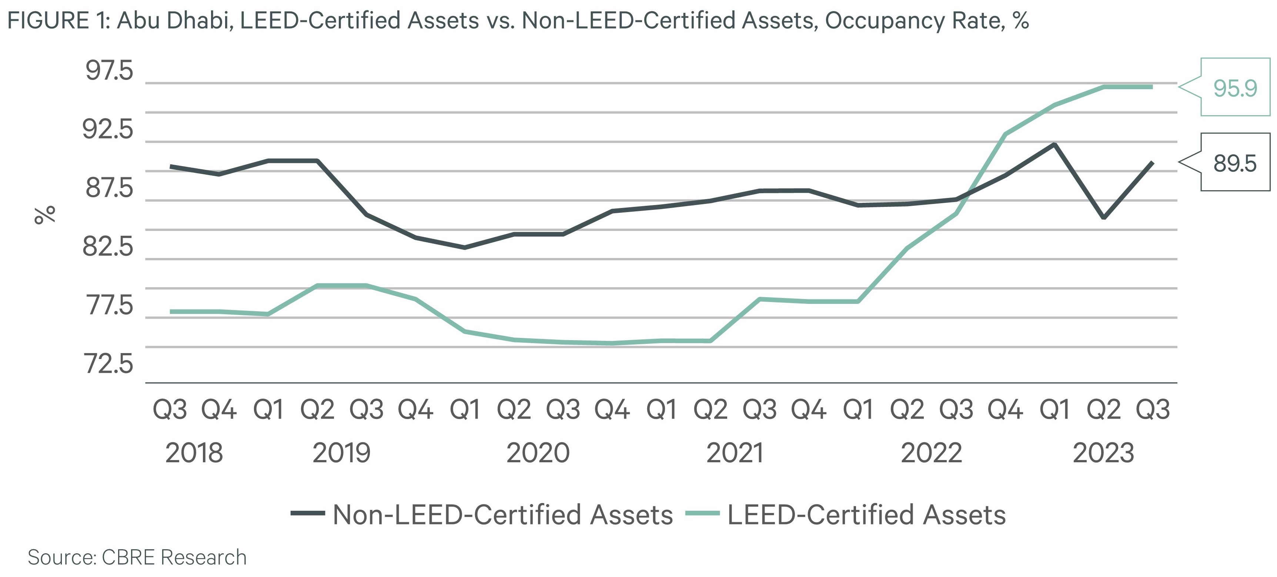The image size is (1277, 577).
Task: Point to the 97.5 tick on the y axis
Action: tap(110, 71)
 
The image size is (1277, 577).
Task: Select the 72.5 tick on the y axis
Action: tap(110, 364)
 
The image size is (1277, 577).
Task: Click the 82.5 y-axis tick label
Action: tap(108, 246)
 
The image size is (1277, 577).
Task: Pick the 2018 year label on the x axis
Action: tap(194, 453)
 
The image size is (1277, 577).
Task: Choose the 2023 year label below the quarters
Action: tap(1103, 453)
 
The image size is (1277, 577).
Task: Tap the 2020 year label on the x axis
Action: tap(538, 453)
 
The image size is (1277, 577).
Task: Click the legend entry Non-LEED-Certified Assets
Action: tap(502, 514)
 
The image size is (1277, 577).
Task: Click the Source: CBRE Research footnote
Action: tap(137, 557)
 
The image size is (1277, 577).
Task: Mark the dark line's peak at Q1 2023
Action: tap(1054, 144)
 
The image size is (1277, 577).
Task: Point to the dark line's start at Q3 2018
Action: tap(171, 167)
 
